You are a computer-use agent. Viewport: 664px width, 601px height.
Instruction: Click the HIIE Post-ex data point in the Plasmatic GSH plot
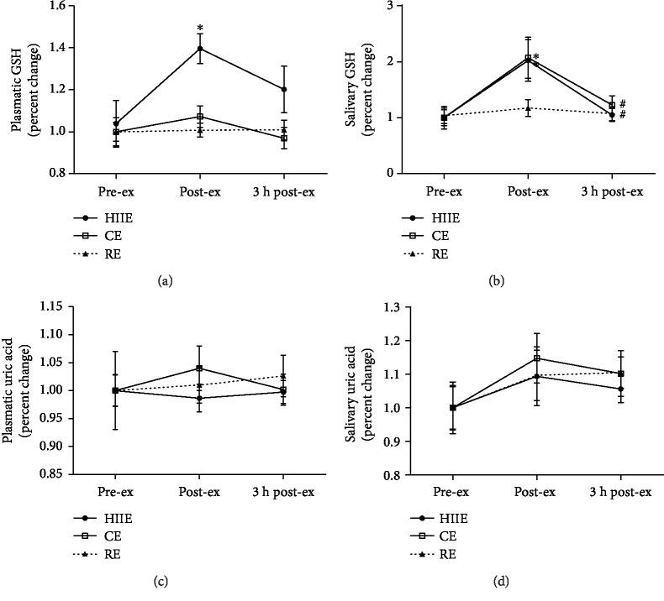click(200, 49)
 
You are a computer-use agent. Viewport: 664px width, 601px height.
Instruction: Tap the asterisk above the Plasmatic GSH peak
click(200, 28)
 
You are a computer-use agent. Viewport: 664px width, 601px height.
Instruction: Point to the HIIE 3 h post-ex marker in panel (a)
click(283, 89)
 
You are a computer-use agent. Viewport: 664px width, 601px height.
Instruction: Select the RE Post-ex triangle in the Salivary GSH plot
click(528, 107)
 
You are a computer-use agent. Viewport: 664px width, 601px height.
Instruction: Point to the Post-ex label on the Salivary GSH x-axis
click(528, 191)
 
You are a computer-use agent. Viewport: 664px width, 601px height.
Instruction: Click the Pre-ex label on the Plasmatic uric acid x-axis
click(116, 490)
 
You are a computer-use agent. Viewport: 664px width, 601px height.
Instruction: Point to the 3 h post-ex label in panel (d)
click(619, 490)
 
